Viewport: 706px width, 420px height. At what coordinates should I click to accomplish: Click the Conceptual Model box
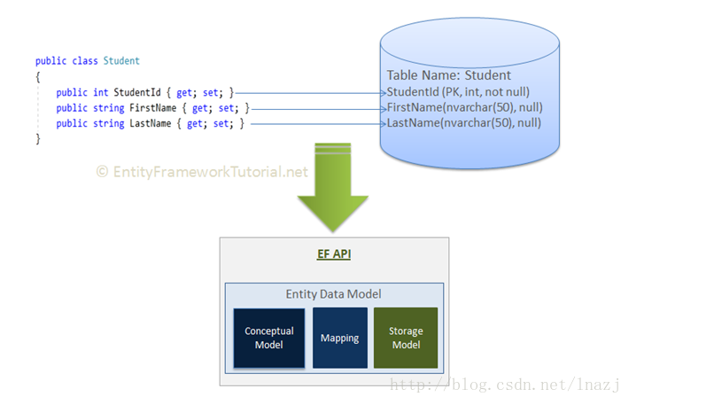(x=268, y=338)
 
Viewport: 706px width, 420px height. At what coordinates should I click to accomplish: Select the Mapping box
(x=340, y=338)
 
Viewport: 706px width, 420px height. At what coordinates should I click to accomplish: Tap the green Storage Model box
(x=406, y=338)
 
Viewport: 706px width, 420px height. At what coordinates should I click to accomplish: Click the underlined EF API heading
(x=334, y=254)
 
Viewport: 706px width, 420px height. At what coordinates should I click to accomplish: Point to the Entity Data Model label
(x=334, y=294)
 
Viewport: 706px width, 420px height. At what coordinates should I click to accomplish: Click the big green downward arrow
(x=333, y=187)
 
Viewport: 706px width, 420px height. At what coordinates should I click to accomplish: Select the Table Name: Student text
(x=449, y=75)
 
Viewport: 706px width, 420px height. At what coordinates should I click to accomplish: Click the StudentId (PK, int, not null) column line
(x=458, y=92)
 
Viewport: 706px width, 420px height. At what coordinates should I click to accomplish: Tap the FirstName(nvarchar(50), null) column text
(x=465, y=107)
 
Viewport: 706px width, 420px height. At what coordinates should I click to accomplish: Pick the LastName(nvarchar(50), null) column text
(x=464, y=123)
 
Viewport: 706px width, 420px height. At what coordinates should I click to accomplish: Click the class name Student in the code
(x=121, y=61)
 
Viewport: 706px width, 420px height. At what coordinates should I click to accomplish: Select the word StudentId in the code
(x=137, y=92)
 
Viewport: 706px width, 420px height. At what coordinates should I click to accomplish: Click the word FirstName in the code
(x=152, y=108)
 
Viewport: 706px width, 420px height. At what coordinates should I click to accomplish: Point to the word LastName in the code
(x=151, y=123)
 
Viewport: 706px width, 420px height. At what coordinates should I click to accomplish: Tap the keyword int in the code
(x=101, y=92)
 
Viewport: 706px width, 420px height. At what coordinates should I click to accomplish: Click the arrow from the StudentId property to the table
(x=311, y=93)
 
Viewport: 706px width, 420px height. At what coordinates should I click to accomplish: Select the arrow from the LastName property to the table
(x=318, y=124)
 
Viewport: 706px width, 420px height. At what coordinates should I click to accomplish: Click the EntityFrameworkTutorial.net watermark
(x=202, y=172)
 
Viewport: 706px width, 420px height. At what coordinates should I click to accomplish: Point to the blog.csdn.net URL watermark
(x=505, y=385)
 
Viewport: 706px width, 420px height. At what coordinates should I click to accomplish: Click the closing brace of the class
(x=38, y=138)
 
